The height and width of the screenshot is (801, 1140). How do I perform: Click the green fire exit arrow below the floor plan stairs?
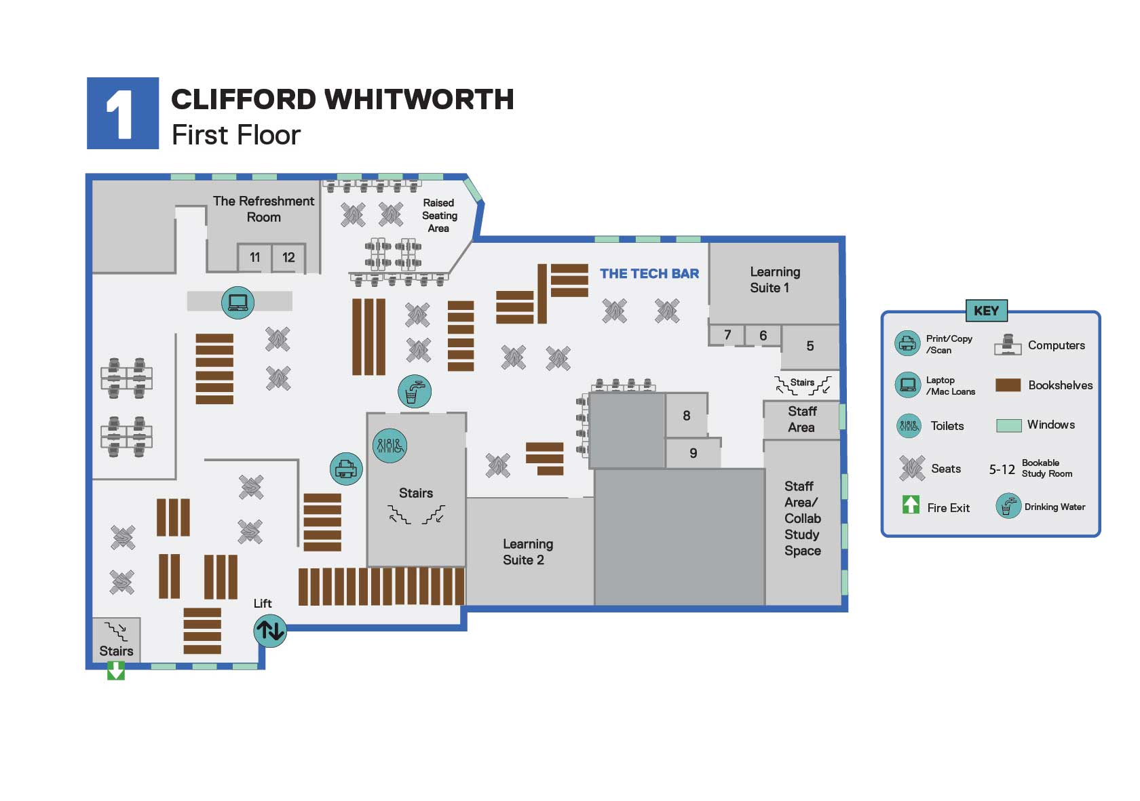116,671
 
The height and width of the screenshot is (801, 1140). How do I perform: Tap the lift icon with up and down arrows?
270,631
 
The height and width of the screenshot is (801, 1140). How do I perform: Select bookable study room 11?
254,258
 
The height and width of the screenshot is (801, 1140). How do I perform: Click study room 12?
288,258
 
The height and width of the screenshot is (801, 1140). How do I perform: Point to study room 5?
810,347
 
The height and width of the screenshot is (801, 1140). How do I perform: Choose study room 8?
686,416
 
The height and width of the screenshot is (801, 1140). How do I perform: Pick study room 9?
693,453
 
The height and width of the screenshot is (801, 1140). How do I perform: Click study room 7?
727,335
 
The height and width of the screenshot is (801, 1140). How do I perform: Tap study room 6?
763,336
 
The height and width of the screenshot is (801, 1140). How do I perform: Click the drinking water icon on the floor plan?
414,391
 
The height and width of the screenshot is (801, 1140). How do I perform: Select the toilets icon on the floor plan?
389,446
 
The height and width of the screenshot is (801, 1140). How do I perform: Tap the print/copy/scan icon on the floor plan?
346,469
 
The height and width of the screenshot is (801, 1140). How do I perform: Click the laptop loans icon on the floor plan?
237,302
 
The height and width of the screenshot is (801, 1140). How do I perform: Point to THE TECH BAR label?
649,274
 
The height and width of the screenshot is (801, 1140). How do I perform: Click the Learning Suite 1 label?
774,279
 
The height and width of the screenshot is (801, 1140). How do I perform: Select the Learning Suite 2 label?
527,552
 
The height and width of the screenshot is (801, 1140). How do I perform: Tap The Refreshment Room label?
263,209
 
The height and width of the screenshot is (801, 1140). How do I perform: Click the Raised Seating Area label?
439,216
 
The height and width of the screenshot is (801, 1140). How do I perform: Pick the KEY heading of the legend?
986,311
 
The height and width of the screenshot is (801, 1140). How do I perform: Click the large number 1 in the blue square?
122,114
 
